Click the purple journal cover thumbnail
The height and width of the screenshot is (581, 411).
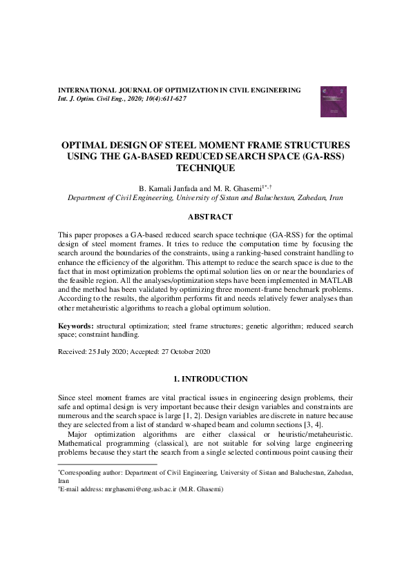(x=333, y=101)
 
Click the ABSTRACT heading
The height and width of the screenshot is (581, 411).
(x=205, y=217)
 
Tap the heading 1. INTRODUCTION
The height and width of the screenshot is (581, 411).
(x=205, y=379)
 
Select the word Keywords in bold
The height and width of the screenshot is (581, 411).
(x=75, y=324)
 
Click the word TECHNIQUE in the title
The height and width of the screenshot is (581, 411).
(x=205, y=168)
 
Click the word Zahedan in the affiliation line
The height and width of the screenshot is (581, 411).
(x=312, y=197)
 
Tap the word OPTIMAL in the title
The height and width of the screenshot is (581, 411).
(x=86, y=146)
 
